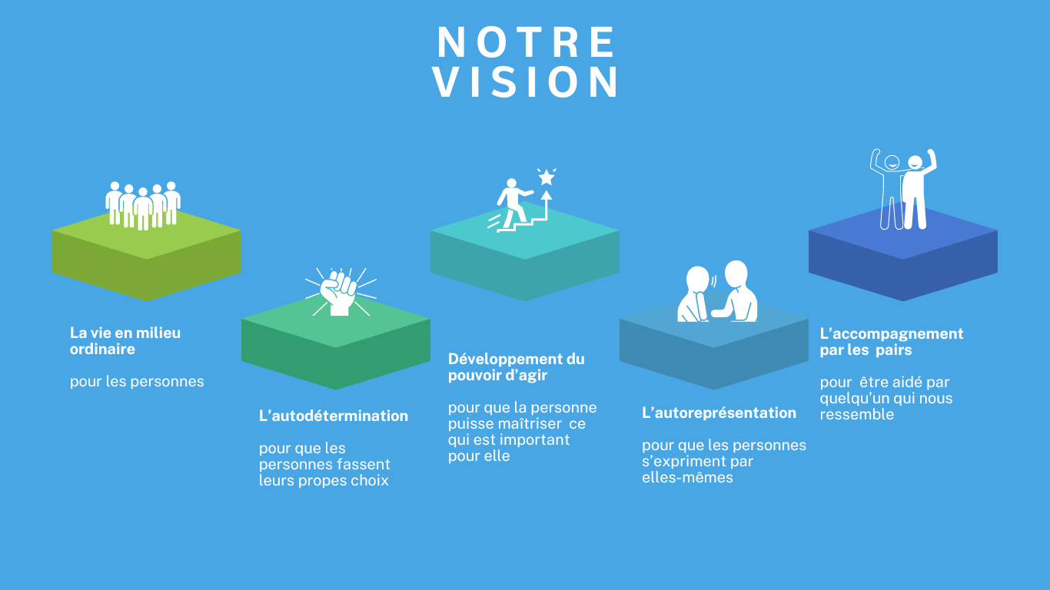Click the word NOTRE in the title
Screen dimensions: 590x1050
point(527,43)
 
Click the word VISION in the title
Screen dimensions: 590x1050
point(527,82)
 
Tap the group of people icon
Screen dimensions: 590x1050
point(143,205)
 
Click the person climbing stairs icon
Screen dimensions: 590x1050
point(513,204)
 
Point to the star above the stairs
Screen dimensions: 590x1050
point(547,178)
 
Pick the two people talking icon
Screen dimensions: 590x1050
point(717,293)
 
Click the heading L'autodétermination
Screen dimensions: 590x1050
point(334,416)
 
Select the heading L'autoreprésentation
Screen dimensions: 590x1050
point(719,413)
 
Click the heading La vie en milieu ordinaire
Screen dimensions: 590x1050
point(125,341)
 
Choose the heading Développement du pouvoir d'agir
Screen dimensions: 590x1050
point(516,367)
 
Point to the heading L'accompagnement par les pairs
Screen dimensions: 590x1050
point(891,342)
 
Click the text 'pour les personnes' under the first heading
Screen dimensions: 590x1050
point(137,381)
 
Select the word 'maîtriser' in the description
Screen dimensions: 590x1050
point(530,424)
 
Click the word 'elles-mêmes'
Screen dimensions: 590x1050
point(687,478)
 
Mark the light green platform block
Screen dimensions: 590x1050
point(146,254)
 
